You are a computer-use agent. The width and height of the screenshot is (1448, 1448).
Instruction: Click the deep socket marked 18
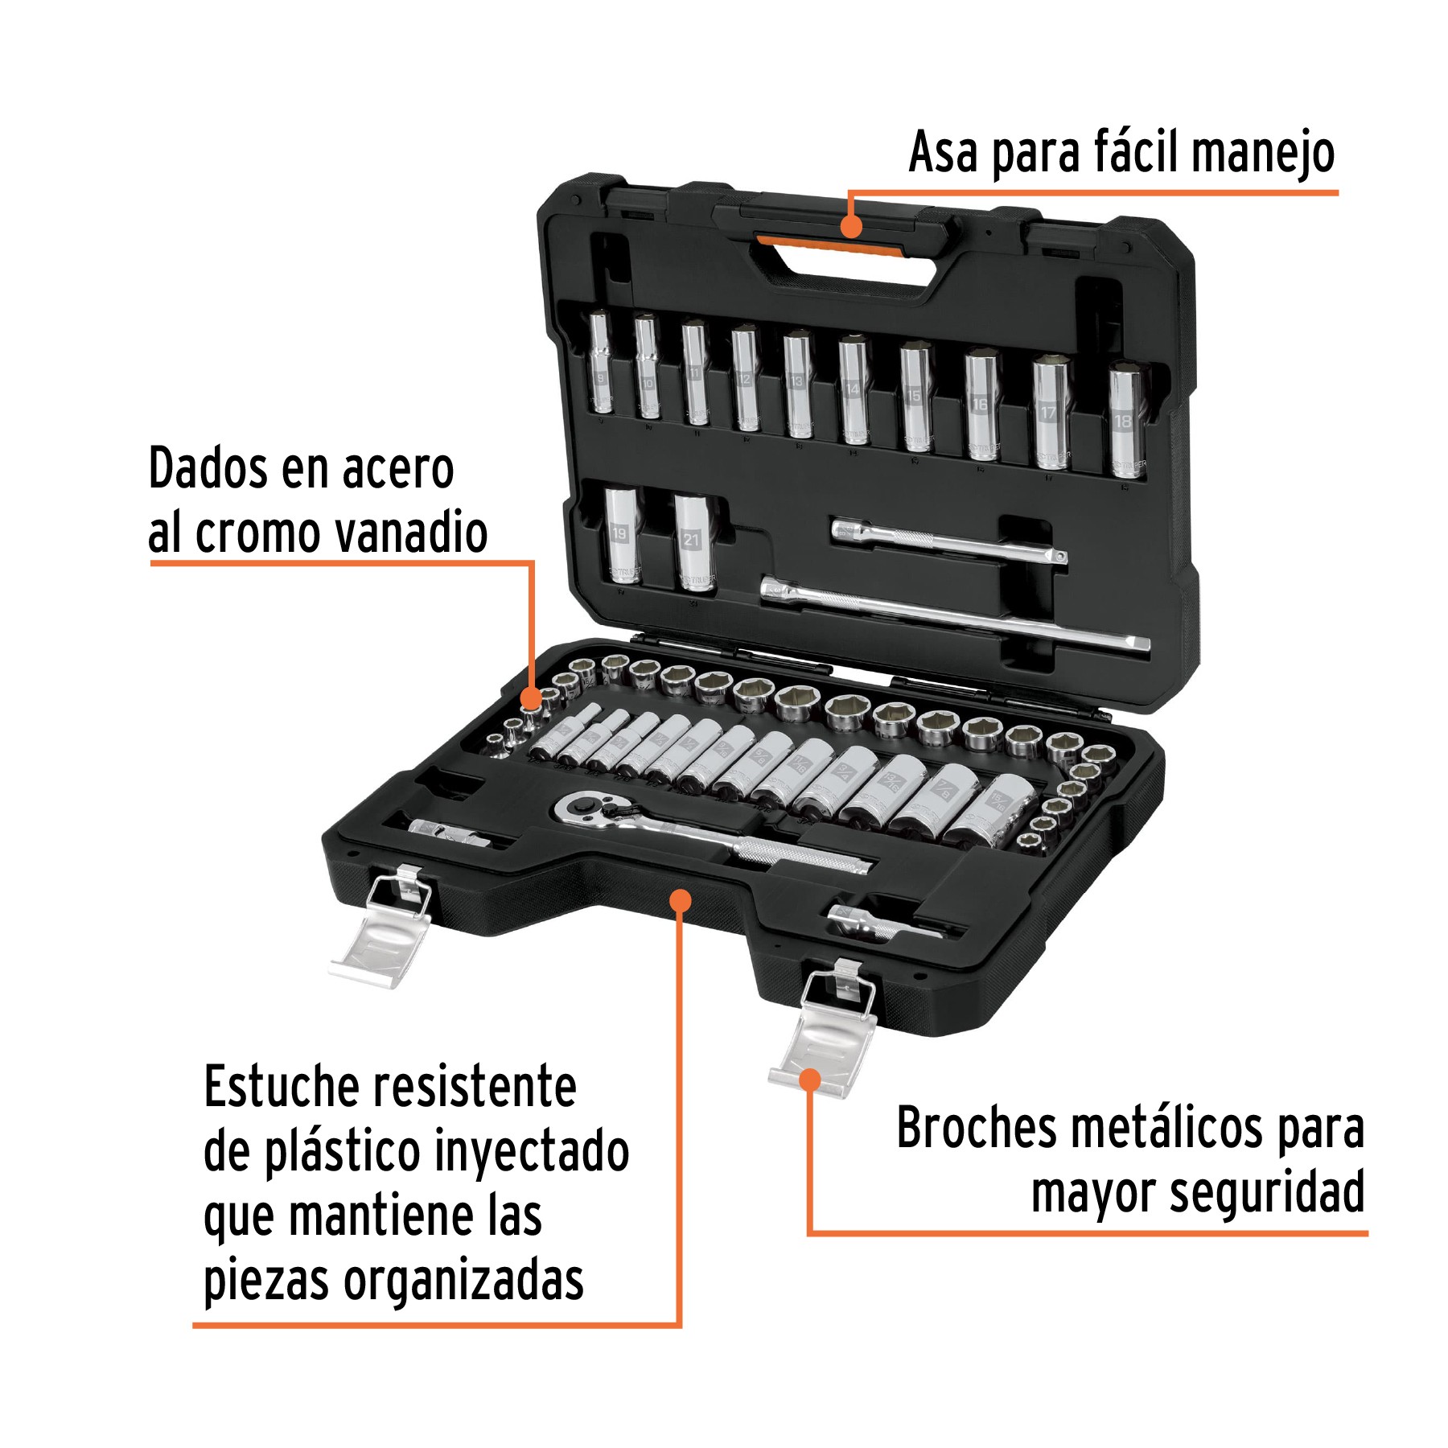coord(1125,422)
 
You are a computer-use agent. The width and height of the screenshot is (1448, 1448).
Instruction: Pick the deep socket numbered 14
coord(853,391)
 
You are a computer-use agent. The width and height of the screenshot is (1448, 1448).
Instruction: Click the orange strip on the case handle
coord(829,243)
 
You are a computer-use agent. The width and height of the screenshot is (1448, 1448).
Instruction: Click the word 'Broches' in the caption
coord(976,1128)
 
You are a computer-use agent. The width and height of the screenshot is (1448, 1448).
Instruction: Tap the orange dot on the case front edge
coord(681,899)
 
